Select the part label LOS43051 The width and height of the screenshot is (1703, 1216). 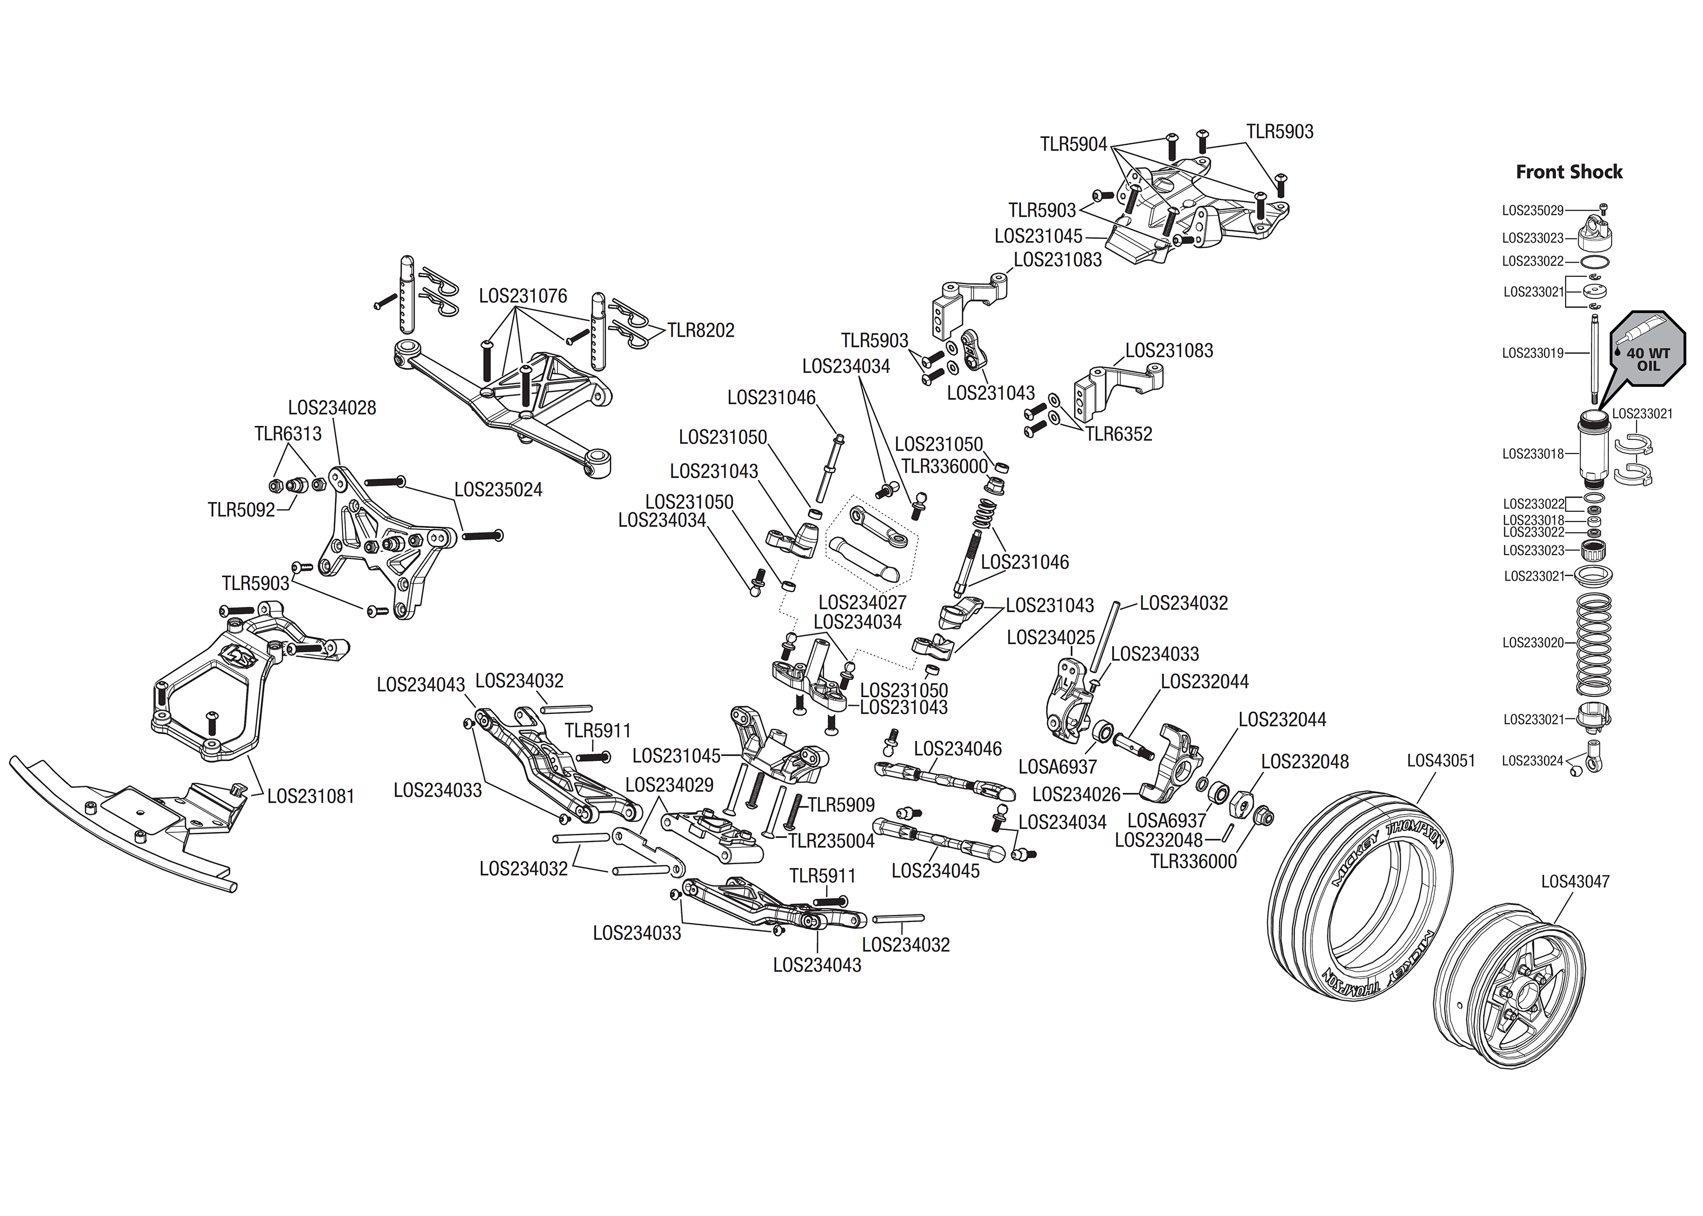tap(1441, 761)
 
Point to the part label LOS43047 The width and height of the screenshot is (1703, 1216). tap(1575, 882)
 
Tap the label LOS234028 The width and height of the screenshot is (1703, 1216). tap(332, 408)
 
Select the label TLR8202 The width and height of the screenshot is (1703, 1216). tap(701, 330)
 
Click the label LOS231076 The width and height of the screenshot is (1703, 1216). tap(523, 296)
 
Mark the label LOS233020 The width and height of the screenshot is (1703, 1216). tap(1533, 643)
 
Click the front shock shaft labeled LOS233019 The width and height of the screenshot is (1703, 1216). tap(1594, 359)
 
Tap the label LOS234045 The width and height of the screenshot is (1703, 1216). tap(935, 871)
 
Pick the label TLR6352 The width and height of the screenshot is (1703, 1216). tap(1119, 435)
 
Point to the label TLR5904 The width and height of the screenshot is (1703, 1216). tap(1073, 144)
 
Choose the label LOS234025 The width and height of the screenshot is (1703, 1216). tap(1050, 637)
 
